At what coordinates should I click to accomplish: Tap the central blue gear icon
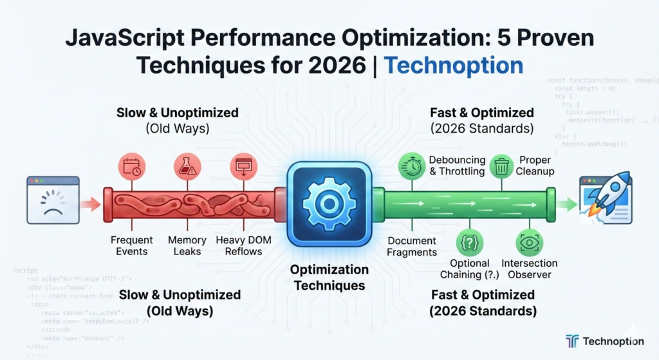(x=329, y=202)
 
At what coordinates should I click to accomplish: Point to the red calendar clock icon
(x=131, y=166)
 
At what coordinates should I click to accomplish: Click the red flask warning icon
(x=188, y=166)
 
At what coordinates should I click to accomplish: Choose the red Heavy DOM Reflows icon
(x=244, y=166)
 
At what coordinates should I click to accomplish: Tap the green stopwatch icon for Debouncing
(x=411, y=167)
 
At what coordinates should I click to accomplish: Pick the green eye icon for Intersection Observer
(x=530, y=243)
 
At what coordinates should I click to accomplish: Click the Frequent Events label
(x=132, y=245)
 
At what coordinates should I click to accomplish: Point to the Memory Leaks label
(x=187, y=245)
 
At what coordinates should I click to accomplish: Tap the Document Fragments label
(x=413, y=245)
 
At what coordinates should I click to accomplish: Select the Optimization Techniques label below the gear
(x=329, y=277)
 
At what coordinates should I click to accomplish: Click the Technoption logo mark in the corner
(x=573, y=341)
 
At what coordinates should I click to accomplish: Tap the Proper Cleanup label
(x=536, y=166)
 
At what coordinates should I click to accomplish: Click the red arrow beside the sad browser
(x=91, y=205)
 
